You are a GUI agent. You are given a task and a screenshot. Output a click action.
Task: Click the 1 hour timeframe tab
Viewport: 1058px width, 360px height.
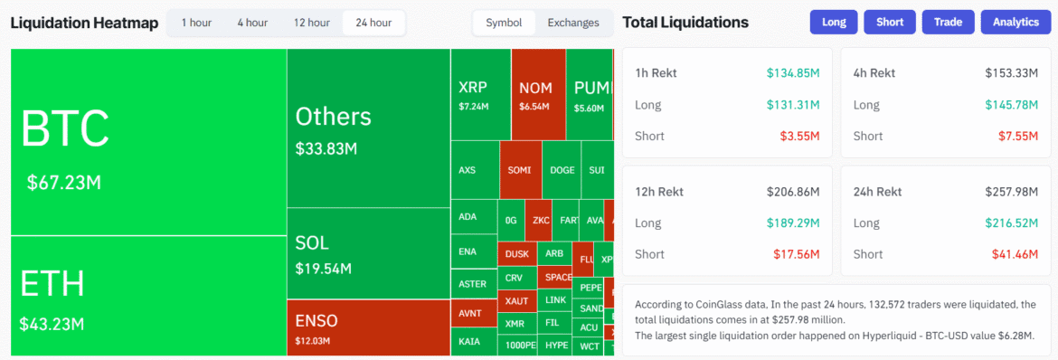tap(196, 23)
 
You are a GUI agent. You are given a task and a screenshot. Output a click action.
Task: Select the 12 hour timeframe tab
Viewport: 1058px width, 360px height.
tap(311, 23)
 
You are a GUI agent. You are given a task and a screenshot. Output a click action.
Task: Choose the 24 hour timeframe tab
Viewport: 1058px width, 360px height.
tap(373, 23)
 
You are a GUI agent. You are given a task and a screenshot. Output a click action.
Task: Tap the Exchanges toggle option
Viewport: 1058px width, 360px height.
tap(573, 23)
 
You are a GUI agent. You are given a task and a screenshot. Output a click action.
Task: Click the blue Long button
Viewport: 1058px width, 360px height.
tap(834, 23)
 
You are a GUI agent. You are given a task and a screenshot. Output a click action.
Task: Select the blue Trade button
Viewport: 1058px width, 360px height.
tap(947, 23)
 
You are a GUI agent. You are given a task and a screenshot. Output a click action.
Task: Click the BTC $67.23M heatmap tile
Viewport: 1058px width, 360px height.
tap(148, 142)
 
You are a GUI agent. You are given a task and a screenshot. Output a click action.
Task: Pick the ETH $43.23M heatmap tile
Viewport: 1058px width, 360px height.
tap(148, 295)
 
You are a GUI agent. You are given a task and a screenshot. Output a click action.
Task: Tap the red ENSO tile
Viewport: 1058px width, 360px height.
tap(368, 327)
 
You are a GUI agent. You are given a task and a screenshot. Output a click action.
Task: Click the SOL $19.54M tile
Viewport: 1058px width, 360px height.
tap(368, 254)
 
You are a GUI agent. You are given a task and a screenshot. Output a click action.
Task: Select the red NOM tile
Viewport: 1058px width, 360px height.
tap(538, 94)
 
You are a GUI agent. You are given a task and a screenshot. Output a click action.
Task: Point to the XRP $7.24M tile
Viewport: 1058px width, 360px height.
tap(480, 94)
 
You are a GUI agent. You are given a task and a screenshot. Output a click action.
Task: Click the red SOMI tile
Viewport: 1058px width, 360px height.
tap(519, 170)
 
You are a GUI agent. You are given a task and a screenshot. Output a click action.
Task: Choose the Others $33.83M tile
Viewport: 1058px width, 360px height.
tap(368, 128)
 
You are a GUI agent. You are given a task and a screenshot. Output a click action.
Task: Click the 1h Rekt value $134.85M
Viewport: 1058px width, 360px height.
tap(792, 73)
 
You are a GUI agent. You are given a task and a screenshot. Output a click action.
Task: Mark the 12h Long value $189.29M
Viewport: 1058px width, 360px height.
tap(792, 223)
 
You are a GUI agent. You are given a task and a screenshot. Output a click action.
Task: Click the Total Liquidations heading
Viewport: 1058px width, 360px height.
tap(685, 23)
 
